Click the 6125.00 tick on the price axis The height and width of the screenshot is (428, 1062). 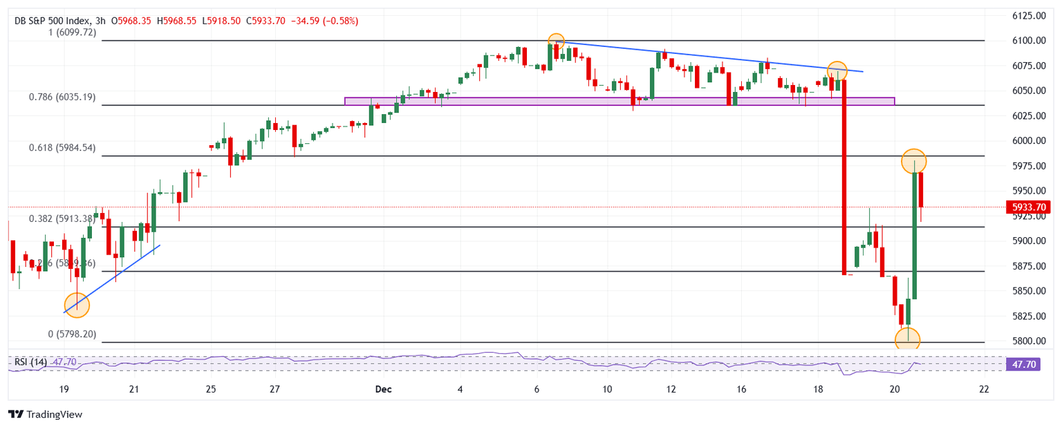point(1028,15)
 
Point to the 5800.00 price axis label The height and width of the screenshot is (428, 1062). point(1028,341)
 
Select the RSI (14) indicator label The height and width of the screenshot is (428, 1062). point(30,362)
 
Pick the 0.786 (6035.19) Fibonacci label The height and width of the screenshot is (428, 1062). point(62,97)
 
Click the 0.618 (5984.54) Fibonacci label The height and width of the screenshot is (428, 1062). point(62,148)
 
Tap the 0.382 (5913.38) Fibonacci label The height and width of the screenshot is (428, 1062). point(62,218)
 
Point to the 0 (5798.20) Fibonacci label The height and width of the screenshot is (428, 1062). point(72,334)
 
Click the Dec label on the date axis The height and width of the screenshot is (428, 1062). point(382,389)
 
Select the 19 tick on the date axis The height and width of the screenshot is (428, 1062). point(64,389)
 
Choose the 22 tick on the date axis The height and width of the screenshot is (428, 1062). point(984,389)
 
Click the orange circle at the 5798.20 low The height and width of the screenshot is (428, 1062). point(907,339)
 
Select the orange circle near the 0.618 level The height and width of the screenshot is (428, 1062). point(914,160)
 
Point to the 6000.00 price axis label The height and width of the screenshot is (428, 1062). point(1028,140)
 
